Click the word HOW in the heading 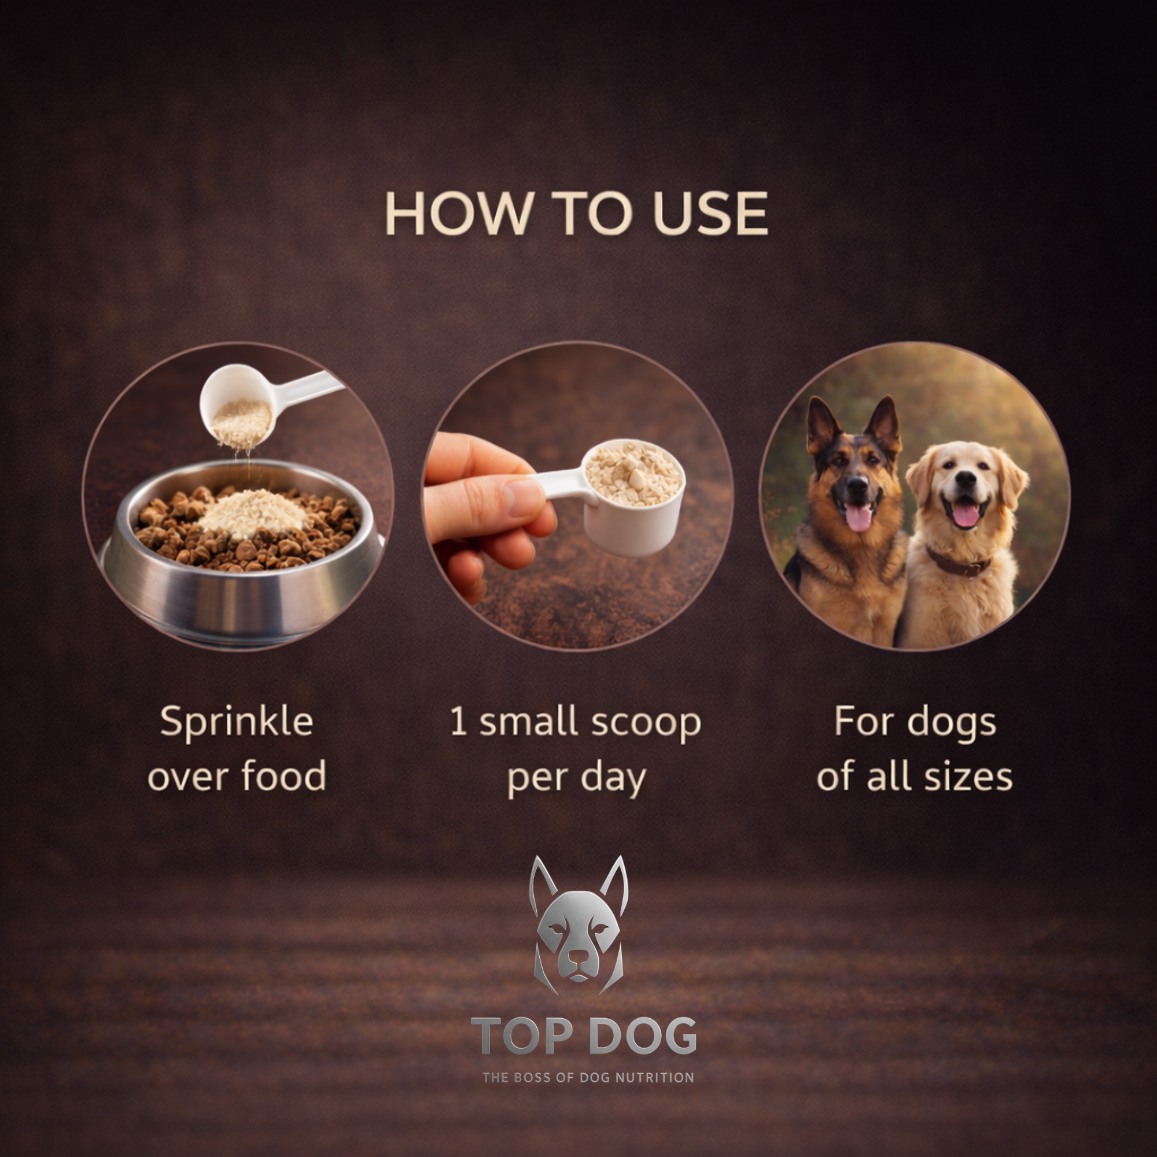click(x=458, y=214)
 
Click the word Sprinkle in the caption click(x=237, y=721)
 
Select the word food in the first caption click(x=284, y=776)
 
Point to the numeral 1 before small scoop click(x=458, y=721)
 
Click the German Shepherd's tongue click(x=858, y=517)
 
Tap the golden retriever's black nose click(x=966, y=478)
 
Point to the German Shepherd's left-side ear click(x=822, y=425)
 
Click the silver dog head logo click(x=578, y=928)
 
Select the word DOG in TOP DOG click(x=643, y=1037)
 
